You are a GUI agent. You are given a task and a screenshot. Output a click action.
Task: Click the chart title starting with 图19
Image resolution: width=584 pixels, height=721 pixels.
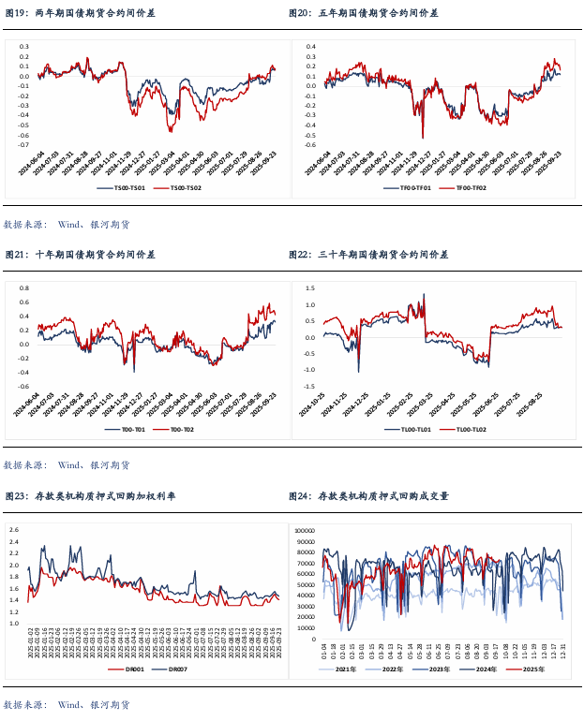click(80, 13)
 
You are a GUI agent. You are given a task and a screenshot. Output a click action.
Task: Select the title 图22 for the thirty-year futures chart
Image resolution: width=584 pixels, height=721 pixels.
click(368, 254)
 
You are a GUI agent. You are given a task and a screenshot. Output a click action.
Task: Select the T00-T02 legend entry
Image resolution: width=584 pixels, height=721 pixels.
click(176, 429)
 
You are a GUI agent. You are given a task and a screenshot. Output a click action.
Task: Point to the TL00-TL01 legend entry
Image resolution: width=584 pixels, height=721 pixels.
click(408, 429)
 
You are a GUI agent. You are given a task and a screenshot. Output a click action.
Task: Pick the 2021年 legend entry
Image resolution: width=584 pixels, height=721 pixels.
click(342, 669)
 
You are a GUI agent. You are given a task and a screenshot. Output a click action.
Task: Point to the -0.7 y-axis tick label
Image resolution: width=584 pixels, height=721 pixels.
click(24, 145)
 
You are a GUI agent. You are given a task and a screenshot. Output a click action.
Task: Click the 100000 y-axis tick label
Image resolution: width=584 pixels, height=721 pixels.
click(306, 530)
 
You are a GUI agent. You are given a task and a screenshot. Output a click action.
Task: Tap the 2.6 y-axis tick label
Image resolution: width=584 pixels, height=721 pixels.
click(13, 530)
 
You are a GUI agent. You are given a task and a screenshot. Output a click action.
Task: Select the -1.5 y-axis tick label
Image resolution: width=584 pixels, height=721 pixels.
click(310, 385)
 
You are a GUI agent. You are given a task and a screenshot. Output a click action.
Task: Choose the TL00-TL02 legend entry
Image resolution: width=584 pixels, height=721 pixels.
click(468, 429)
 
